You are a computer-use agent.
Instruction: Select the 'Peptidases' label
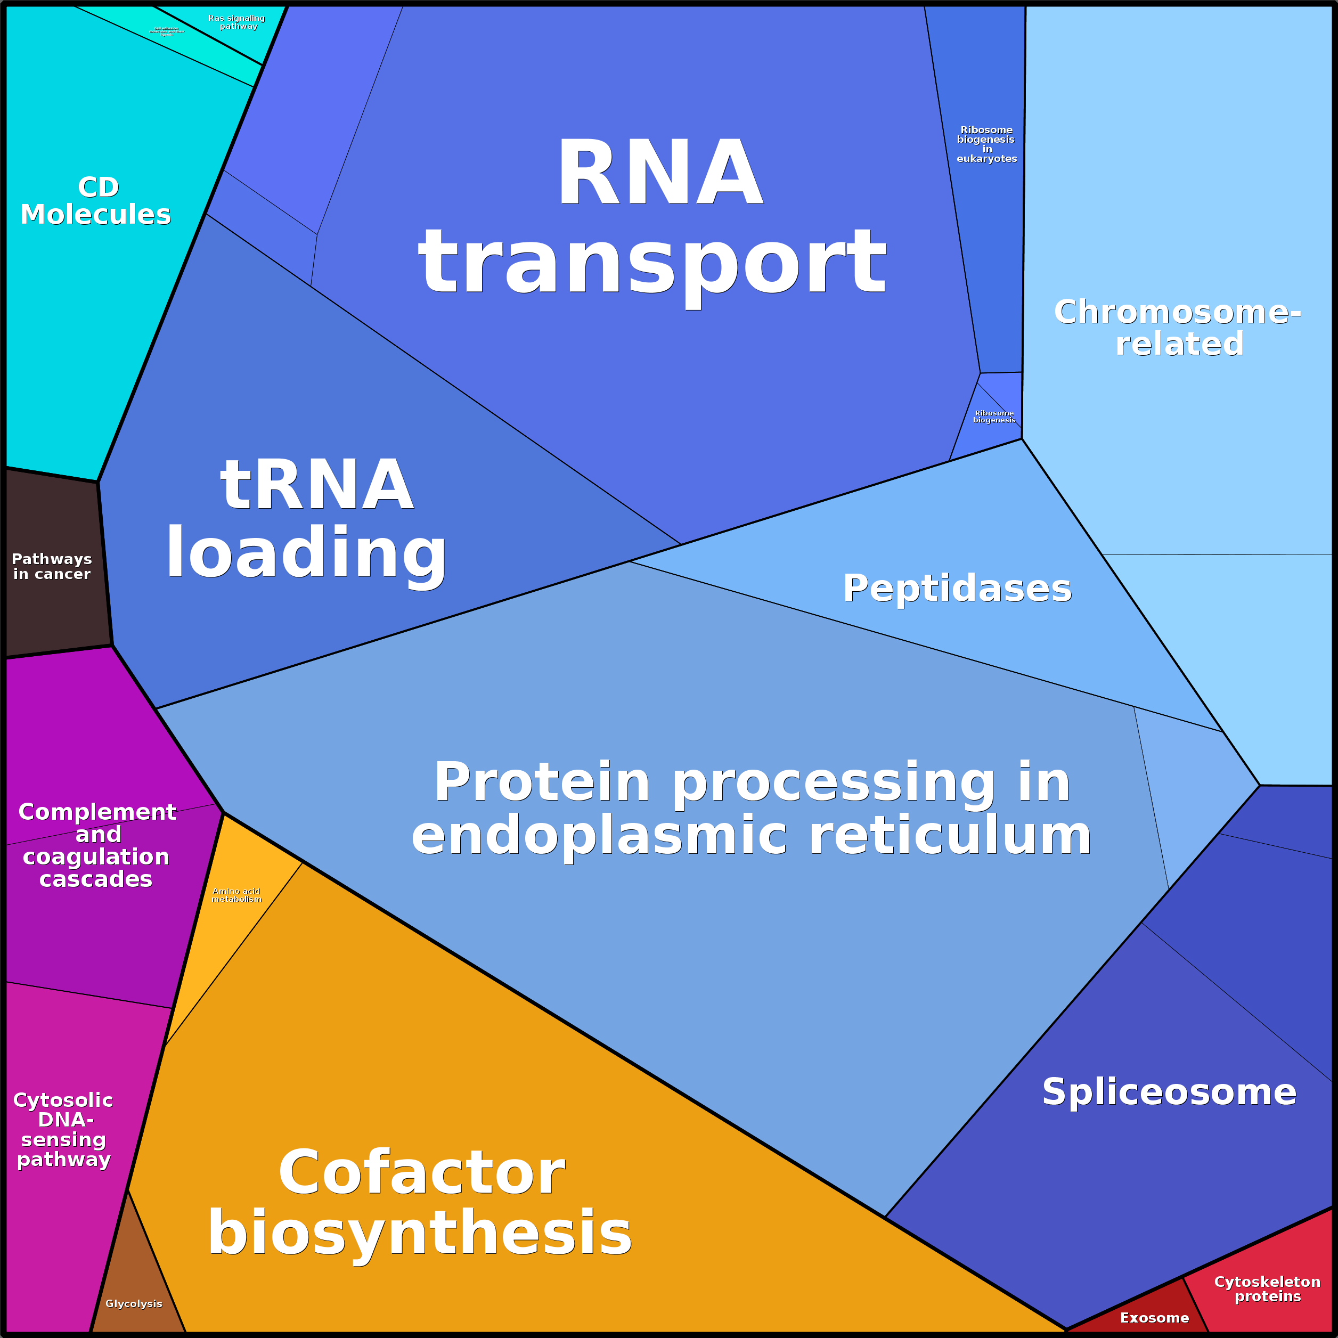coord(957,589)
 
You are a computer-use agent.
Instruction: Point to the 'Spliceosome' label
coord(1169,1092)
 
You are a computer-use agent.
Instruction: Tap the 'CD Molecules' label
coord(96,201)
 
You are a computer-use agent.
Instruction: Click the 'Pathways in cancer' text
coord(52,567)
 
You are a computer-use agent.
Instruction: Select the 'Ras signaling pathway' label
coord(237,22)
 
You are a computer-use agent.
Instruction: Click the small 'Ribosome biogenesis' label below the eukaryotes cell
coord(994,416)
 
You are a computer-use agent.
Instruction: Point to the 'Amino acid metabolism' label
coord(236,895)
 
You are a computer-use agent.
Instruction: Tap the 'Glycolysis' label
coord(134,1303)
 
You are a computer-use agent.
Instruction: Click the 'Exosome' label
coord(1154,1318)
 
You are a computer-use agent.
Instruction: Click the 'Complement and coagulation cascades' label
coord(97,845)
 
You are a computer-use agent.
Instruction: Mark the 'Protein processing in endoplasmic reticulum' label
coord(752,808)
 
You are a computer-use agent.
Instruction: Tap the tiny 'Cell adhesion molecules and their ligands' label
coord(167,31)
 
